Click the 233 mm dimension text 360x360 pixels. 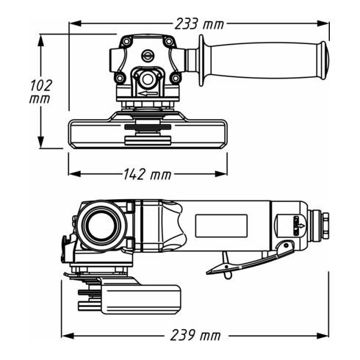click(x=198, y=24)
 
